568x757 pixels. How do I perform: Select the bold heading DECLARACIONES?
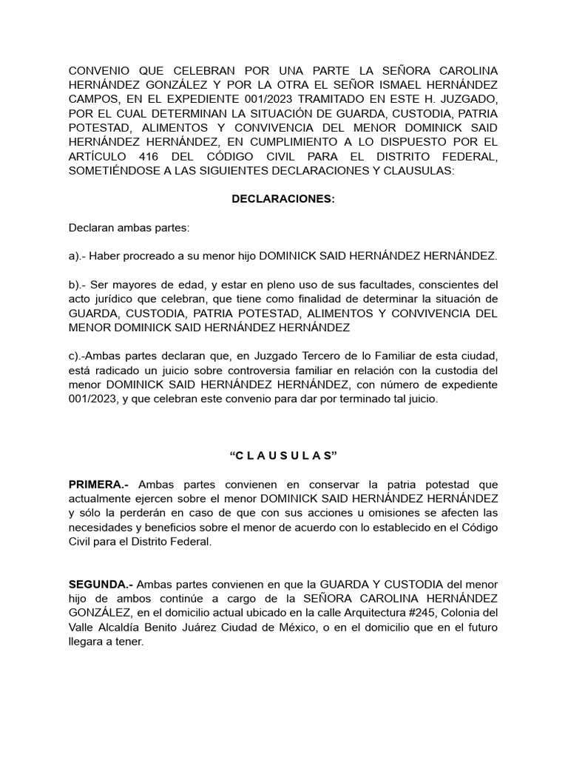(x=283, y=200)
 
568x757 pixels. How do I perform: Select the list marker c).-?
(x=81, y=356)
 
